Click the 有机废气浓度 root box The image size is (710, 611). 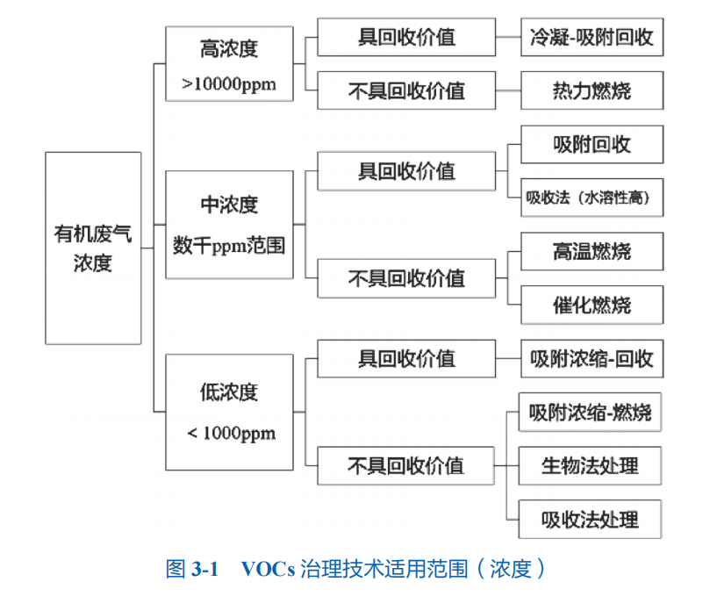93,248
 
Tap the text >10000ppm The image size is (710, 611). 229,84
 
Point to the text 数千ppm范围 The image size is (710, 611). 229,245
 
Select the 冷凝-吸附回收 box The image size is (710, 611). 592,38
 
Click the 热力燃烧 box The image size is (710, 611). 592,90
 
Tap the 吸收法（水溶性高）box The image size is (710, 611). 592,197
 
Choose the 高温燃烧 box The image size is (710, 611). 592,253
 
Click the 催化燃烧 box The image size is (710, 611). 592,305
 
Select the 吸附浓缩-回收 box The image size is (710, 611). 592,359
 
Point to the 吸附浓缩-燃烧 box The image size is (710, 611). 592,412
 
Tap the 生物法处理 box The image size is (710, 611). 592,465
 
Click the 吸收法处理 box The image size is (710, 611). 592,519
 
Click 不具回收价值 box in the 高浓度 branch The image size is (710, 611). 406,90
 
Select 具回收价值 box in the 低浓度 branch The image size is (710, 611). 406,359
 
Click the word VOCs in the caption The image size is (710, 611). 269,569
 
